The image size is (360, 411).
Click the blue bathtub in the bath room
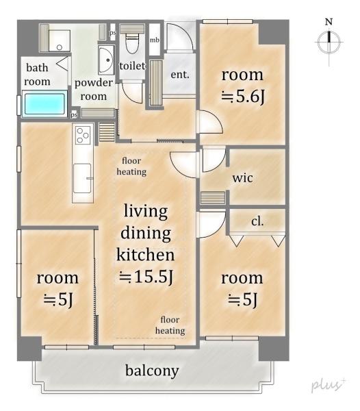(44, 103)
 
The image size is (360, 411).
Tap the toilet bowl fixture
(131, 41)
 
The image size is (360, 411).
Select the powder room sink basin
(106, 60)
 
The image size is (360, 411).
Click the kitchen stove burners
(83, 134)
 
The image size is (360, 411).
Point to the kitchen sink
(83, 178)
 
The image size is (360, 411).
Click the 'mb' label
(155, 40)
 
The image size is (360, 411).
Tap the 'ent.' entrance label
(180, 75)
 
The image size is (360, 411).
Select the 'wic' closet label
(243, 178)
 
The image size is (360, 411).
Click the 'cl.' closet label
(257, 221)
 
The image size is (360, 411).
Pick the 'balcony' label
(152, 371)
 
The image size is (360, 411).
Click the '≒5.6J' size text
(243, 97)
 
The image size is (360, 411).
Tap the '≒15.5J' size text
(146, 277)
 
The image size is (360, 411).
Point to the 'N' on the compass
(329, 22)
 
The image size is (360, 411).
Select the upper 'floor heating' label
(131, 166)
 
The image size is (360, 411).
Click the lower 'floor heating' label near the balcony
(170, 325)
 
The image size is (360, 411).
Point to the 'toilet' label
(132, 66)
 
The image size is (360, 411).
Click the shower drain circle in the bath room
(60, 47)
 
